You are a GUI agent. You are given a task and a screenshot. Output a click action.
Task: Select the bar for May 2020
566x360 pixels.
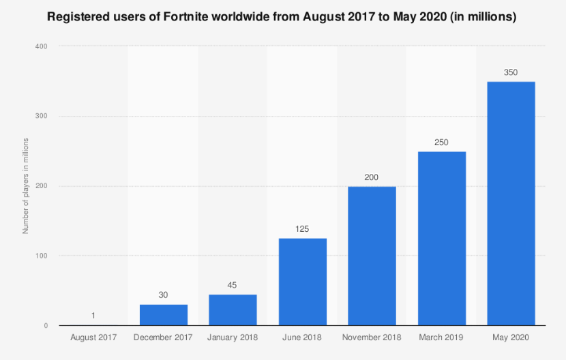pos(511,203)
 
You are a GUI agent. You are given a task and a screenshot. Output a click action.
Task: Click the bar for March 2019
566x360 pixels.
pos(441,238)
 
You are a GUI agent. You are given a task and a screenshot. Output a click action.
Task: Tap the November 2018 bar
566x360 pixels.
pos(372,256)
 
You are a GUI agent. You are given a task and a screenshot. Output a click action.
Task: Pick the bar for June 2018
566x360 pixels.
pos(302,282)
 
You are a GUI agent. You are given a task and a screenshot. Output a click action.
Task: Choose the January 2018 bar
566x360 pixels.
pos(233,310)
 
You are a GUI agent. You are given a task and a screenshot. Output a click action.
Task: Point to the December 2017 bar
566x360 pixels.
pos(164,314)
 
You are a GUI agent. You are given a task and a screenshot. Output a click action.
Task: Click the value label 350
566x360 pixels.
pos(511,71)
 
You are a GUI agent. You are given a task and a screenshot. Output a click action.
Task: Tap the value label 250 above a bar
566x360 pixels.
pos(441,141)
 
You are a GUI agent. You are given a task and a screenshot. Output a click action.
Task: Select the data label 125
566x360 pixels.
pos(302,228)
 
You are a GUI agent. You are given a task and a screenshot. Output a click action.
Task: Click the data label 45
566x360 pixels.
pos(233,284)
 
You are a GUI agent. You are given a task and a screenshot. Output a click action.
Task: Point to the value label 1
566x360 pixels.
pos(93,315)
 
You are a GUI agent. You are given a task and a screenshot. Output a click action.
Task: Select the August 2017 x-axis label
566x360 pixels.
pos(93,337)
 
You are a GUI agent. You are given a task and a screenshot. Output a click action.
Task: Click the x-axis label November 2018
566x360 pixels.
pos(372,337)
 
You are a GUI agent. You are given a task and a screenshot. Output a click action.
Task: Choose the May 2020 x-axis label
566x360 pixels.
pos(511,337)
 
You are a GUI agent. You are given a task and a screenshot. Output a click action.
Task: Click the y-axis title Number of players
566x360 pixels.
pos(25,185)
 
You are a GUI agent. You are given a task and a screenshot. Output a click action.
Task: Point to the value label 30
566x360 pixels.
pos(164,295)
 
